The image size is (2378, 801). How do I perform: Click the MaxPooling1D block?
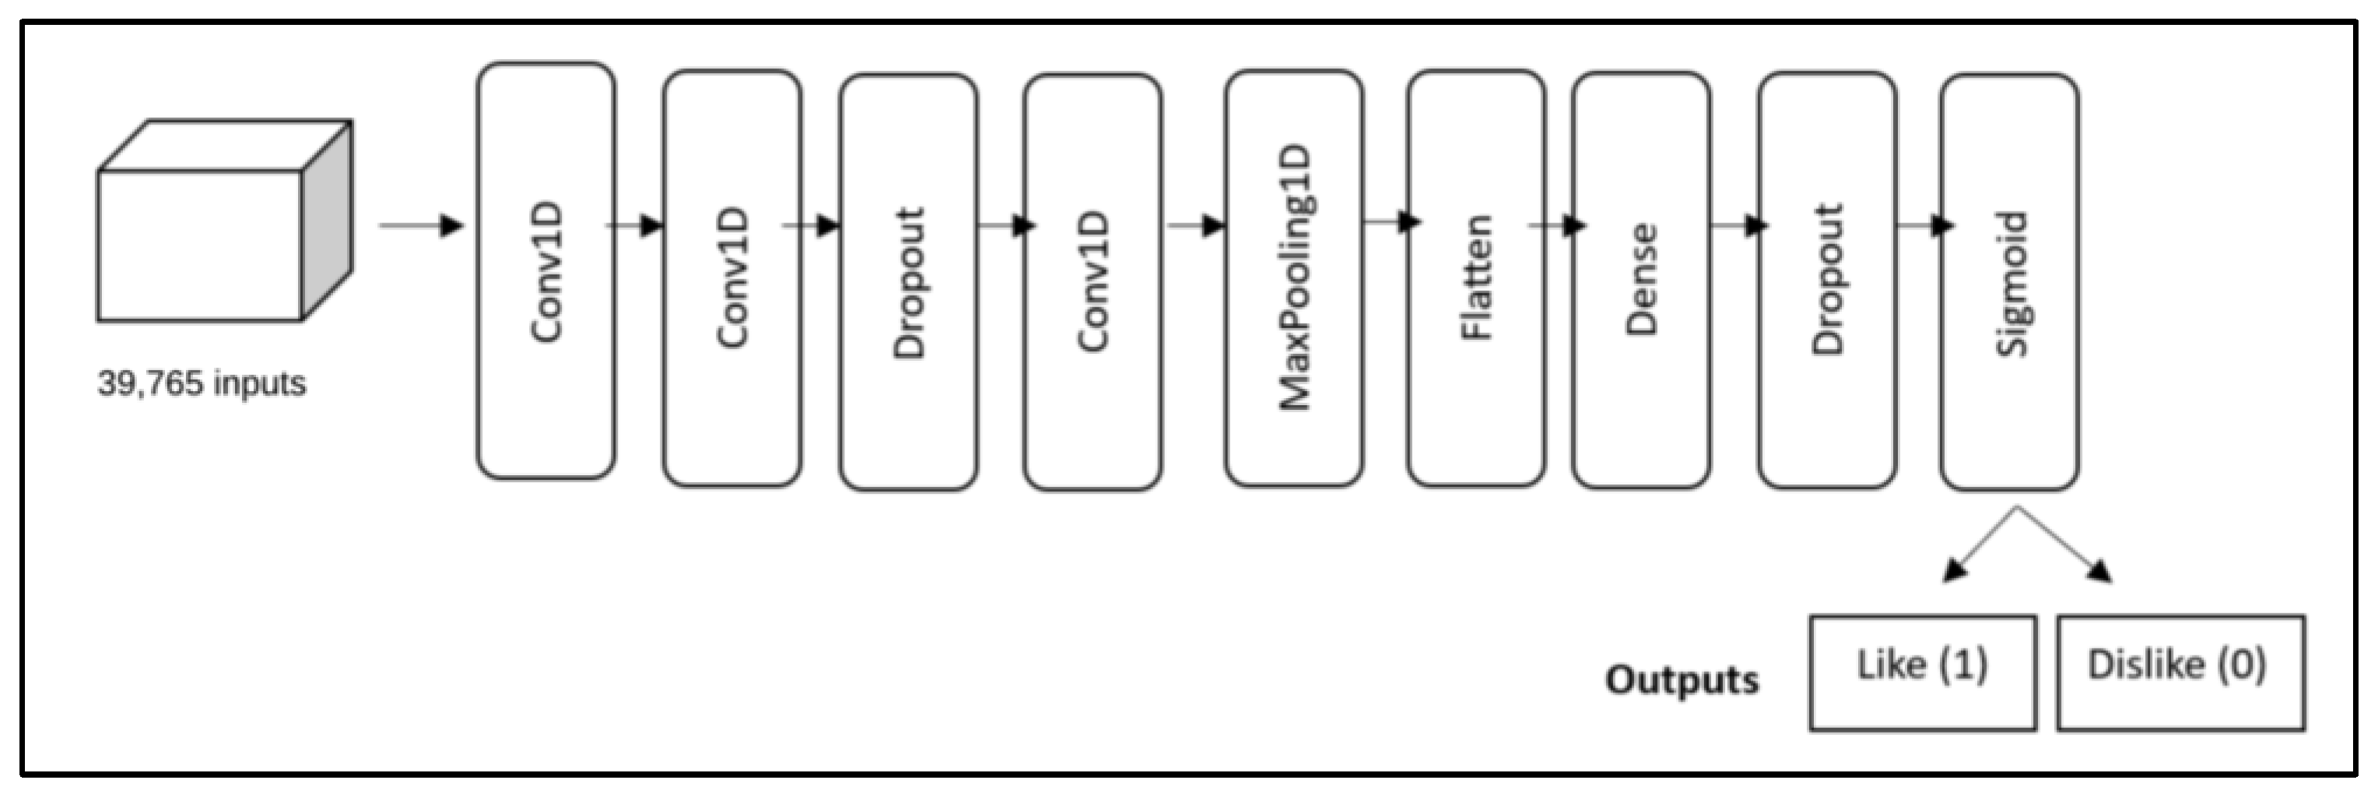pyautogui.click(x=1293, y=277)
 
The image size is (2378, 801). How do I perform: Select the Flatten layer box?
pyautogui.click(x=1475, y=277)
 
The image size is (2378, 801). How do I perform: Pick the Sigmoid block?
pyautogui.click(x=2010, y=282)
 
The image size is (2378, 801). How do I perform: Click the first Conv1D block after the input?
pyautogui.click(x=545, y=271)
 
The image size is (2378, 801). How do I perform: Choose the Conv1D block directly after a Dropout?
pyautogui.click(x=1092, y=281)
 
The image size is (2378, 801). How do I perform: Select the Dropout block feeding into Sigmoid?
pyautogui.click(x=1826, y=280)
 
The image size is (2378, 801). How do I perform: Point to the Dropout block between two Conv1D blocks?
pyautogui.click(x=908, y=281)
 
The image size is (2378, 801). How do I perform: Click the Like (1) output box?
pyautogui.click(x=1922, y=672)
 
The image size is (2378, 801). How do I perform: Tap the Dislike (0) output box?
pyautogui.click(x=2180, y=672)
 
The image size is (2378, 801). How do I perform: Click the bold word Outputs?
pyautogui.click(x=1682, y=680)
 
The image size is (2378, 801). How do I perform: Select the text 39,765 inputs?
pyautogui.click(x=202, y=383)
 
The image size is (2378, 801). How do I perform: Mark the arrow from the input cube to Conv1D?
pyautogui.click(x=421, y=226)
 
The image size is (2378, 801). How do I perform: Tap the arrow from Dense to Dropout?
pyautogui.click(x=1738, y=224)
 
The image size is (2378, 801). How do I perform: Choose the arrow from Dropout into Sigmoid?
pyautogui.click(x=1924, y=224)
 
